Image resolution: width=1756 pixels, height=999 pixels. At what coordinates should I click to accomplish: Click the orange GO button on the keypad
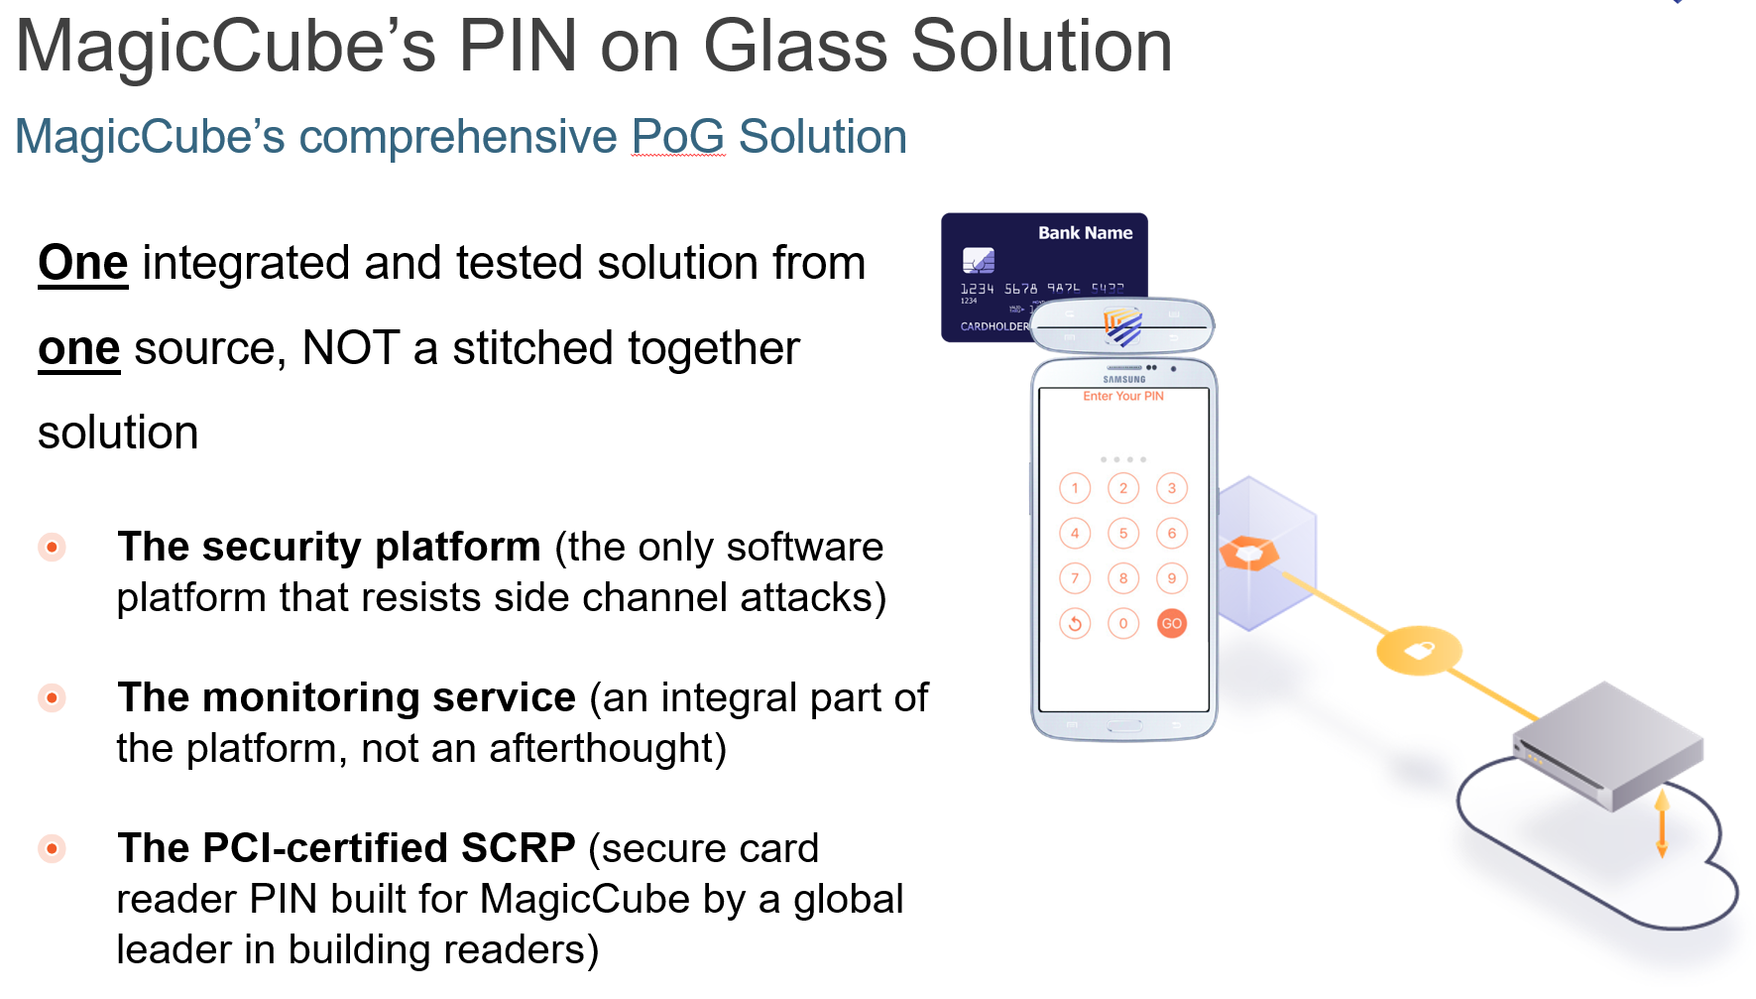[1172, 623]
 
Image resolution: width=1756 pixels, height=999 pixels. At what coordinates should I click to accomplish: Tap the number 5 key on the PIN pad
[1123, 533]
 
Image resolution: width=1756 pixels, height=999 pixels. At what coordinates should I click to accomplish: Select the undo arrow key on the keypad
[1075, 623]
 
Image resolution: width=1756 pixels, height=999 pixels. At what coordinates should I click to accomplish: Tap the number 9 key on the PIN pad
[1172, 578]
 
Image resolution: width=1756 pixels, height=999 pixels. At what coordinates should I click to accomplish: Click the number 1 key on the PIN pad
[1075, 488]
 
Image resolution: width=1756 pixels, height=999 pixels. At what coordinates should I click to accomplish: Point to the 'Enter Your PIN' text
[1123, 396]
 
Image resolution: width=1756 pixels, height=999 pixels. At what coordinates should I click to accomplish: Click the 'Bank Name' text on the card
[1085, 233]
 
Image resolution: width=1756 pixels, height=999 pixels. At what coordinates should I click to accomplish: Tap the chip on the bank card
[978, 260]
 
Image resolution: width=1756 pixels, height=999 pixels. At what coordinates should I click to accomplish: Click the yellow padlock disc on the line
[1419, 650]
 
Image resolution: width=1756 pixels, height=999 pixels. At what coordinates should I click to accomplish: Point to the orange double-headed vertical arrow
[1662, 823]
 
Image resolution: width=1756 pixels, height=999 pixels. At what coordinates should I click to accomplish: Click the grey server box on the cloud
[1607, 743]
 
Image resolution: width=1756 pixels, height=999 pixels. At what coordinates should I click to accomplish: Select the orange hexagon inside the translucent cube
[1249, 553]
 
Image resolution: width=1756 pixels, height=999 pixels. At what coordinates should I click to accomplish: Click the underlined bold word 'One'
[83, 263]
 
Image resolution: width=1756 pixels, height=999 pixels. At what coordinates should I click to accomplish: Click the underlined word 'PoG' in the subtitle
[678, 136]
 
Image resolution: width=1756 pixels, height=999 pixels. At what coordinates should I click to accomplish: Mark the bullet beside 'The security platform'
[52, 547]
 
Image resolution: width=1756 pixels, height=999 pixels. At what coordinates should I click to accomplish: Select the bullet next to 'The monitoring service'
[52, 697]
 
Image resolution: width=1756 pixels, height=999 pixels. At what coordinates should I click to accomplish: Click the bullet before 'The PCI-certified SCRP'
[52, 848]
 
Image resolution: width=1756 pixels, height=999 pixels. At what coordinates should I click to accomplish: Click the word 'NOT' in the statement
[351, 348]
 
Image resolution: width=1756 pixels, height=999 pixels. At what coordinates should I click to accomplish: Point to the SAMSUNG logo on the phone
[1124, 379]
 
